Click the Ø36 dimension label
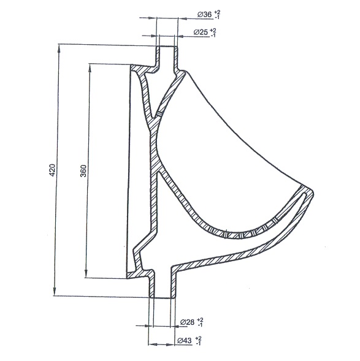[204, 15]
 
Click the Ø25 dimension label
[201, 32]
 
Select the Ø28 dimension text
[187, 322]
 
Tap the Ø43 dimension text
[185, 341]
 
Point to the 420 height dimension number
[53, 170]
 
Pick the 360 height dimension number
[83, 171]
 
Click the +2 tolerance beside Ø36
[216, 12]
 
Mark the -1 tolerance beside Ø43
[198, 343]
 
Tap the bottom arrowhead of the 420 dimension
[55, 291]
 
